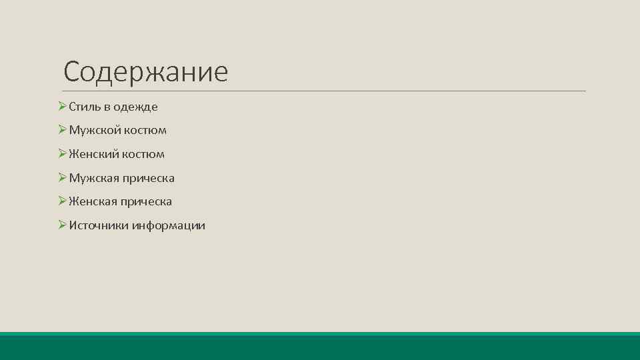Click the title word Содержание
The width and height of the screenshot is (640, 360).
click(x=146, y=72)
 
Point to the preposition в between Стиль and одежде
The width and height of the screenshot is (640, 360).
click(x=107, y=107)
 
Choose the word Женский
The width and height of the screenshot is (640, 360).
click(x=92, y=154)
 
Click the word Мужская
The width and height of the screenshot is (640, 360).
click(x=93, y=178)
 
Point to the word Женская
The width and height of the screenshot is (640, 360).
click(x=92, y=201)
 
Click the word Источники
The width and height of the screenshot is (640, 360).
click(x=99, y=225)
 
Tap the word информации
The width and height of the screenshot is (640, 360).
click(x=169, y=225)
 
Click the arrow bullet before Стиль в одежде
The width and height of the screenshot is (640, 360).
click(x=62, y=107)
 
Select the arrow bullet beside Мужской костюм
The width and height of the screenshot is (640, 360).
click(x=62, y=130)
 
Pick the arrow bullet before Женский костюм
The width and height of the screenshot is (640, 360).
click(x=62, y=154)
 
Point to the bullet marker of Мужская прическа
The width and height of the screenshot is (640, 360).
click(x=62, y=177)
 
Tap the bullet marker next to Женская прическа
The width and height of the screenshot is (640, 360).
click(x=62, y=201)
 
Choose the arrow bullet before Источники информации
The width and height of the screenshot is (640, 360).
click(x=62, y=225)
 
